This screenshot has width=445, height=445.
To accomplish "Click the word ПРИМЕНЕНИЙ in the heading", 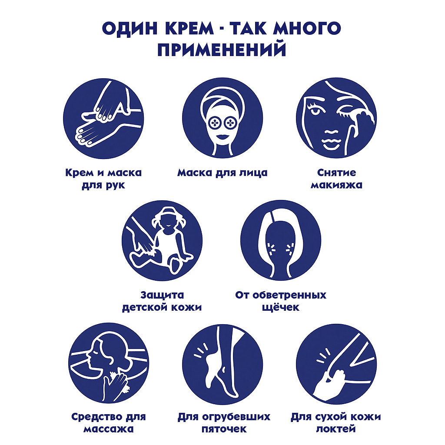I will [222, 50].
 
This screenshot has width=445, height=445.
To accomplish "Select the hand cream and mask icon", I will [103, 118].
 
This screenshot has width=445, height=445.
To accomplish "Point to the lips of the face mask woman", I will [222, 136].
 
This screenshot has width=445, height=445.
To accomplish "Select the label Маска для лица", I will [222, 173].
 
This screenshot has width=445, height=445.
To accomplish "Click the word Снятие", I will [336, 173].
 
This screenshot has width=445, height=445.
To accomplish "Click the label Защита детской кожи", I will [162, 301].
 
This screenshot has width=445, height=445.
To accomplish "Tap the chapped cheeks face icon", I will [280, 240].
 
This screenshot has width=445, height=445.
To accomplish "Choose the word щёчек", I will [281, 307].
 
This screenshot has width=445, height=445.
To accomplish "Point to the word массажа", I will [108, 429].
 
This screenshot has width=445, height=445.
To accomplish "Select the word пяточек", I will [224, 429].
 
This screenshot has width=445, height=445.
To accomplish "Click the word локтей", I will [336, 429].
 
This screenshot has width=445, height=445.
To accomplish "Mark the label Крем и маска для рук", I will [103, 179].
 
